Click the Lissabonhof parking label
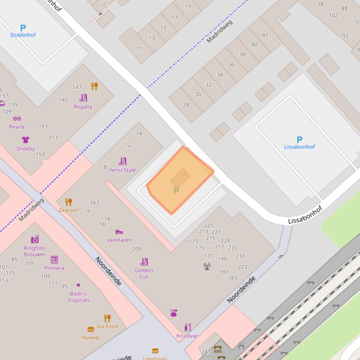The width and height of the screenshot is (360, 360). tap(299, 147)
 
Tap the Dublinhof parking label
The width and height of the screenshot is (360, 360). tap(23, 35)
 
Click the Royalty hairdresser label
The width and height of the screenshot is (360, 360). tap(83, 107)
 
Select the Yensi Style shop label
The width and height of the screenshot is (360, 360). tap(122, 170)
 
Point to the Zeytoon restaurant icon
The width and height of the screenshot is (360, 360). tap(68, 202)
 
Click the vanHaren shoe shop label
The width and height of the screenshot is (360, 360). tap(119, 240)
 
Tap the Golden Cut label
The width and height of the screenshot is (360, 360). tap(144, 273)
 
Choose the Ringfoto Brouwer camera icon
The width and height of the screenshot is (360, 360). tap(35, 239)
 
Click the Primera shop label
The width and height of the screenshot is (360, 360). tap(54, 268)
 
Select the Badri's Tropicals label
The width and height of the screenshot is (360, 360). tap(78, 297)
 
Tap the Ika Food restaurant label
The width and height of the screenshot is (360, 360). tap(108, 326)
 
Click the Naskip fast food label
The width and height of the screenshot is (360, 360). tap(90, 337)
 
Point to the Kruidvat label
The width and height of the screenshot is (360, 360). tap(187, 336)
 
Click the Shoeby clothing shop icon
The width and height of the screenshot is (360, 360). tap(25, 140)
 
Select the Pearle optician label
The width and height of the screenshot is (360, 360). tap(17, 127)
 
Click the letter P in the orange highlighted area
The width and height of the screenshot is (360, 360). tap(176, 191)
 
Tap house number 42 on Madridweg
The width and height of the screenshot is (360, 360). tap(265, 35)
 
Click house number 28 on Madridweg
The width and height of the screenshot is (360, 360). tap(186, 105)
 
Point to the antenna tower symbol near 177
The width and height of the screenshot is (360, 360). tap(207, 266)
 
